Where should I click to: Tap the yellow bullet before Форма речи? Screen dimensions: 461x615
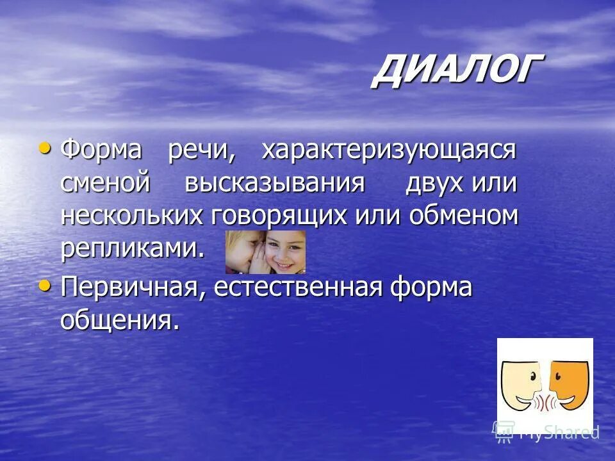pos(45,149)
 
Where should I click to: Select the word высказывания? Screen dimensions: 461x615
pos(275,183)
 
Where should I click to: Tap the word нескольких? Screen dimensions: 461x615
pos(131,216)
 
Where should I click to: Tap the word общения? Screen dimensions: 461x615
pos(119,320)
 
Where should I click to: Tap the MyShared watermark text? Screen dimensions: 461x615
pos(557,433)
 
